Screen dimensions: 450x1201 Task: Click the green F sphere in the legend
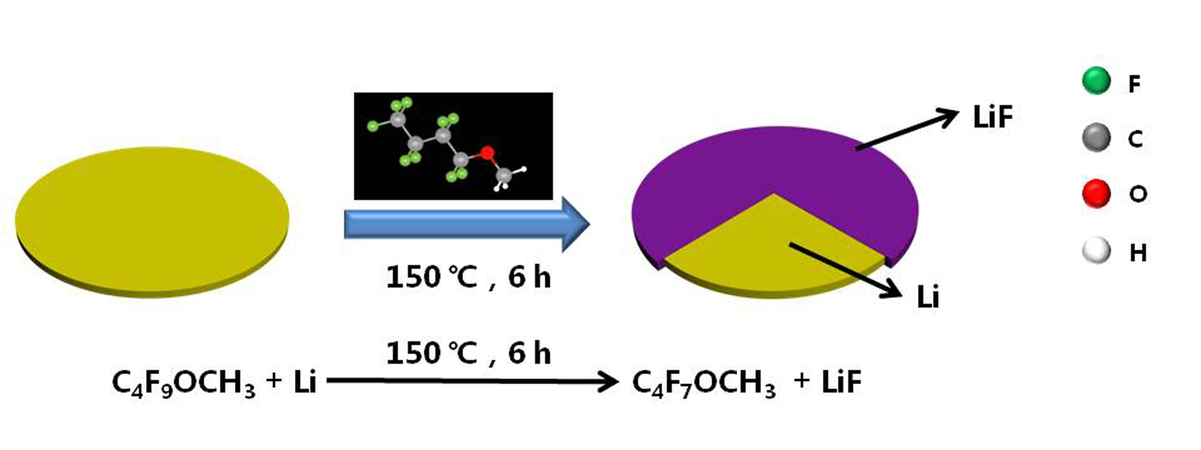tap(1096, 81)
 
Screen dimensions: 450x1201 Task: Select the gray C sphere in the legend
tap(1096, 137)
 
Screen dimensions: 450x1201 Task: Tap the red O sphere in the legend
tap(1096, 194)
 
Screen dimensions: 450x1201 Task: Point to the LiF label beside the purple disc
tap(992, 117)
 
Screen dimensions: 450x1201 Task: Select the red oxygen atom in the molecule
tap(487, 152)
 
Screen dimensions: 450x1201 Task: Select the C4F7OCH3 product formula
tap(703, 383)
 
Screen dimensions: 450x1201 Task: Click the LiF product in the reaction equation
tap(841, 382)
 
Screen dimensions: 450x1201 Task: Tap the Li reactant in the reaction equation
tap(304, 382)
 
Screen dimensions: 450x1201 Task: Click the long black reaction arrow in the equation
tap(472, 381)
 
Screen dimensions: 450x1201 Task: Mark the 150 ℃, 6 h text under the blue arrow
tap(469, 277)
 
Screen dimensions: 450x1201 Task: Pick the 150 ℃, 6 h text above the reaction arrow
tap(469, 353)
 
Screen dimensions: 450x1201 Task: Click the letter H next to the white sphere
tap(1138, 252)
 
